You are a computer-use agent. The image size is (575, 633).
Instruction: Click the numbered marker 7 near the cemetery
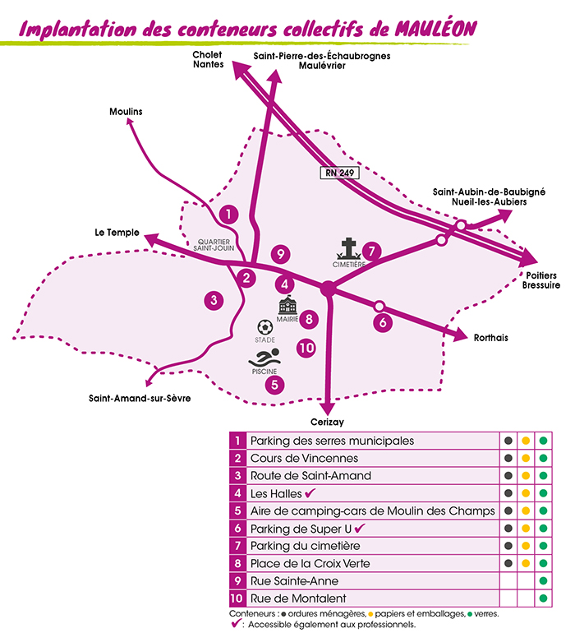coord(372,250)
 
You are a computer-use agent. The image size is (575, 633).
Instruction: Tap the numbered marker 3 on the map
coord(214,300)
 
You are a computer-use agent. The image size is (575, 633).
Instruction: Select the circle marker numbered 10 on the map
coord(306,348)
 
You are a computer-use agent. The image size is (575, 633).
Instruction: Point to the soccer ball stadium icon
coord(264,326)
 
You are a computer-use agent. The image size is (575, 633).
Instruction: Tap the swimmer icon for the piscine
coord(265,359)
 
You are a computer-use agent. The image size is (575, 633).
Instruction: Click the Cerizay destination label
coord(327,421)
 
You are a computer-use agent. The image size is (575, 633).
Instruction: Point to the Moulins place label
coord(126,111)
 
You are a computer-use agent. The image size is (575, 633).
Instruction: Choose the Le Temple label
coord(117,233)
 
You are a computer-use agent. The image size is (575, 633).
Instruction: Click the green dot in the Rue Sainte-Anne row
coord(543,581)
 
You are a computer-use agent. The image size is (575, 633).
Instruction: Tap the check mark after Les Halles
coord(310,493)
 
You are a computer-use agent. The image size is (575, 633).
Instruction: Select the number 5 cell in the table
coord(237,511)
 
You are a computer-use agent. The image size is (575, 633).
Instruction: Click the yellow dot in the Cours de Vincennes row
coord(526,458)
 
